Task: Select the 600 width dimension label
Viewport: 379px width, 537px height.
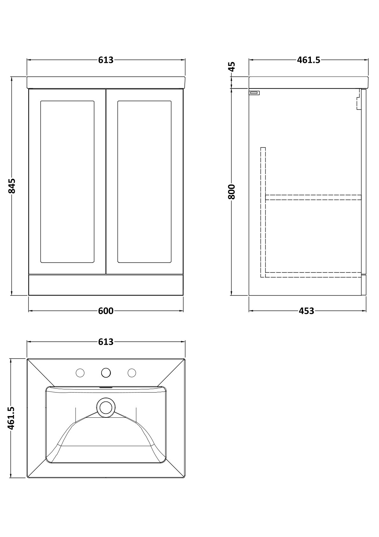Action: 106,311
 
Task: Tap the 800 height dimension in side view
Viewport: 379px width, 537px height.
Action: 232,192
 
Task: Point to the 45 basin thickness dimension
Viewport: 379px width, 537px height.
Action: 232,67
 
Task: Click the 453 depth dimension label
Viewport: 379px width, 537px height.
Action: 306,311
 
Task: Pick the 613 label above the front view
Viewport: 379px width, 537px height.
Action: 106,60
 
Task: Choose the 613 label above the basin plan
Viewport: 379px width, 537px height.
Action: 106,342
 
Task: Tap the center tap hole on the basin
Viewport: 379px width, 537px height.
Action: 106,373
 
